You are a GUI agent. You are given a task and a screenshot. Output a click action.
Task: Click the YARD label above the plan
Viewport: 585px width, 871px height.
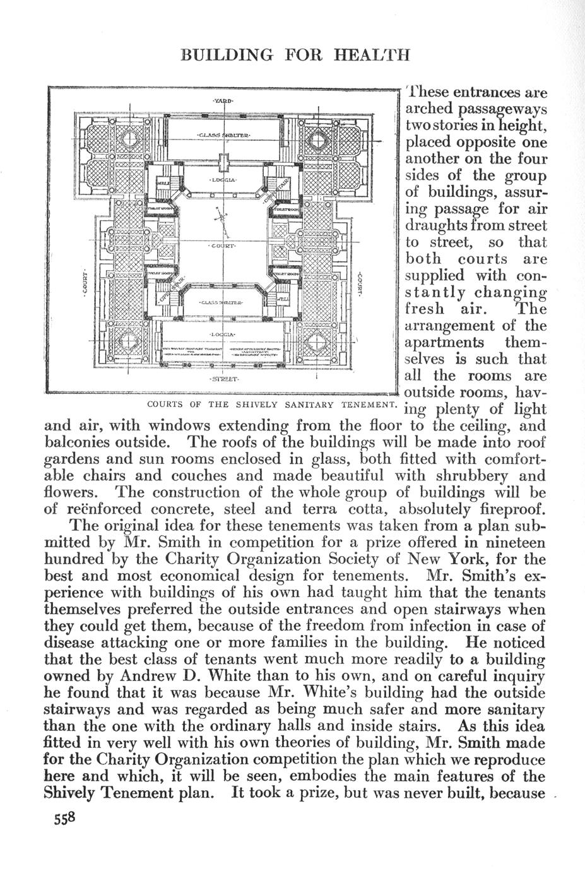pyautogui.click(x=222, y=101)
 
